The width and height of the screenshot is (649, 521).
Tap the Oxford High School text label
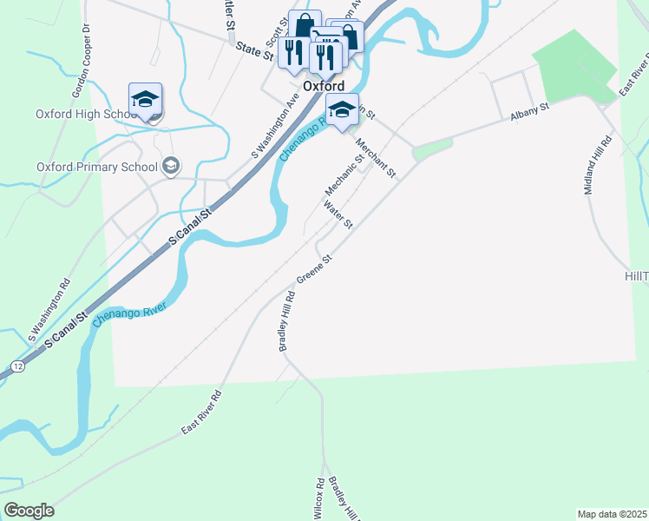pos(82,114)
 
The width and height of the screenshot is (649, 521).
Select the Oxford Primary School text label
pos(97,167)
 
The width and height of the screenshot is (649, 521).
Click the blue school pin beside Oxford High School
pos(146,102)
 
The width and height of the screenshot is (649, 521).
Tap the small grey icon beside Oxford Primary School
pos(171,166)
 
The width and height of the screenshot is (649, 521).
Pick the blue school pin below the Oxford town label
pos(342,110)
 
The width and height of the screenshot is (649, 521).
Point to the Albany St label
pos(530,111)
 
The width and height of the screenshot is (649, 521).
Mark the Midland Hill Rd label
pos(600,164)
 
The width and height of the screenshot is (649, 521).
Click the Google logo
pos(29,511)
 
